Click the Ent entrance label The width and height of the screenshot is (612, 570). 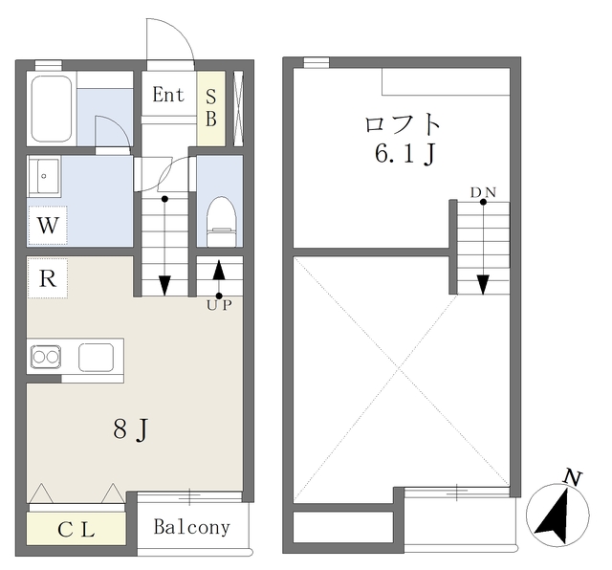pos(168,95)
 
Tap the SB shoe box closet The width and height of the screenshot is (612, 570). pos(211,108)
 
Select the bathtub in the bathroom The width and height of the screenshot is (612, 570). pos(52,108)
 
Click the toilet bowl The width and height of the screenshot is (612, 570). pos(222,221)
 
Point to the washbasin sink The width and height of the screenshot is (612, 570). pos(44,176)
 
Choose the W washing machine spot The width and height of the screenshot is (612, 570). pos(48,226)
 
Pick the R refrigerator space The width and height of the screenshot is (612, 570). pos(48,278)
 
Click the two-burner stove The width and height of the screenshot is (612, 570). pos(46,357)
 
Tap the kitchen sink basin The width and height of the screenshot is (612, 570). pos(96,358)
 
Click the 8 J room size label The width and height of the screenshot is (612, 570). pos(131,429)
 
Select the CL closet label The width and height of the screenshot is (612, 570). pos(76,530)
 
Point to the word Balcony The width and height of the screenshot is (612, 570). pos(191,528)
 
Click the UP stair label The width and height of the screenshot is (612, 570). pos(219,305)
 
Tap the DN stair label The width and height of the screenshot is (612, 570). pos(483,192)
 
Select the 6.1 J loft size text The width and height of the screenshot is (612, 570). pos(405,154)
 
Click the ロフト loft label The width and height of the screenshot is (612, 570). pos(403,123)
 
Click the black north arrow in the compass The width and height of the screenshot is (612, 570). pos(555,517)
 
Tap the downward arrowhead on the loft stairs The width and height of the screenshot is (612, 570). pos(483,285)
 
